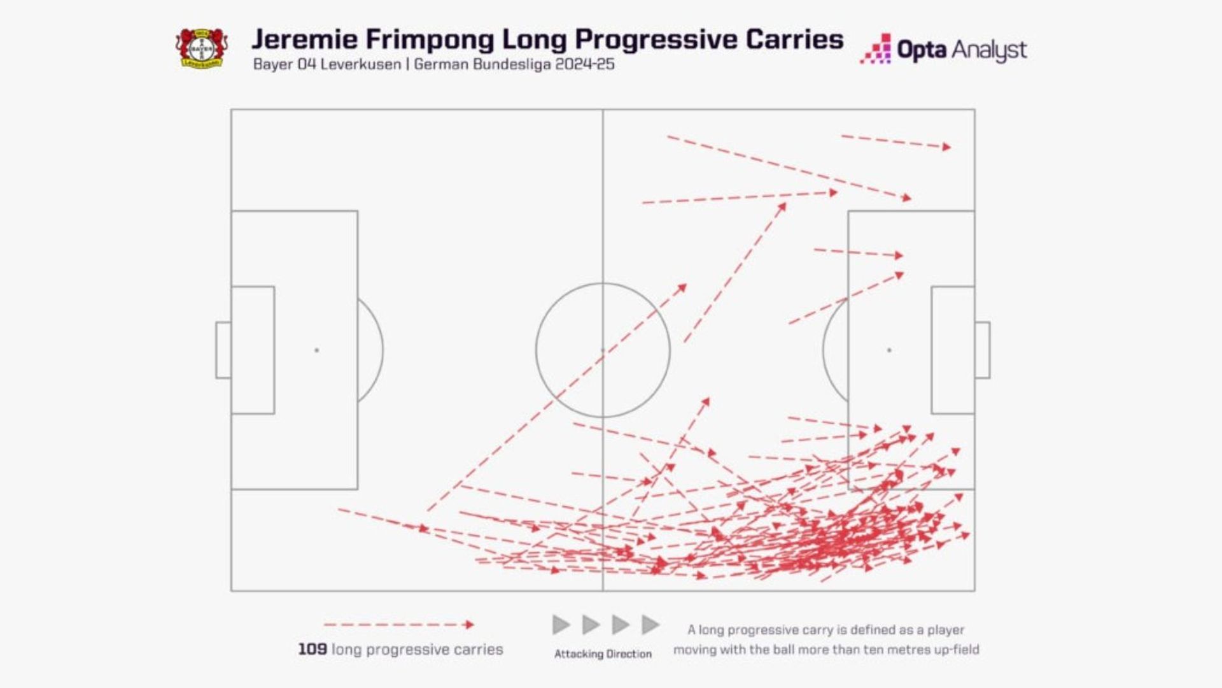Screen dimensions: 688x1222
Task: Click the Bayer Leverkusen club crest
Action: pyautogui.click(x=201, y=48)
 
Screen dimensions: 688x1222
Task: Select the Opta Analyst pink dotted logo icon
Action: pyautogui.click(x=876, y=50)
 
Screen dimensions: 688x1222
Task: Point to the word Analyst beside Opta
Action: pyautogui.click(x=989, y=50)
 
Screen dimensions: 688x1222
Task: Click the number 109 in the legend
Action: pyautogui.click(x=313, y=649)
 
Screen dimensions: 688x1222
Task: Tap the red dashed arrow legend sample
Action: pyautogui.click(x=398, y=625)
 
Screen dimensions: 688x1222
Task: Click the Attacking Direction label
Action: pyautogui.click(x=603, y=654)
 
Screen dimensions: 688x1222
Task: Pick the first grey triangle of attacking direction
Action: pyautogui.click(x=561, y=625)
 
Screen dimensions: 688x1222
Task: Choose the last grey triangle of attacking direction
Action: pyautogui.click(x=650, y=625)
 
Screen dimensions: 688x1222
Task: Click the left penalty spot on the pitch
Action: pyautogui.click(x=316, y=350)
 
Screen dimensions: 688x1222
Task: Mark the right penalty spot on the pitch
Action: pyautogui.click(x=889, y=350)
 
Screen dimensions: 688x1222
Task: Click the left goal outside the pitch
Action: pyautogui.click(x=223, y=350)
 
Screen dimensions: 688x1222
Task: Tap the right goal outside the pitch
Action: pyautogui.click(x=983, y=350)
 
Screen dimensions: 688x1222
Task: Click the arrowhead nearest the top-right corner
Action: pyautogui.click(x=947, y=147)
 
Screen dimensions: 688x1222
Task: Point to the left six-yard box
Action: pyautogui.click(x=253, y=350)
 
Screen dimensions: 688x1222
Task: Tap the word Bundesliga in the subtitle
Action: pyautogui.click(x=512, y=64)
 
